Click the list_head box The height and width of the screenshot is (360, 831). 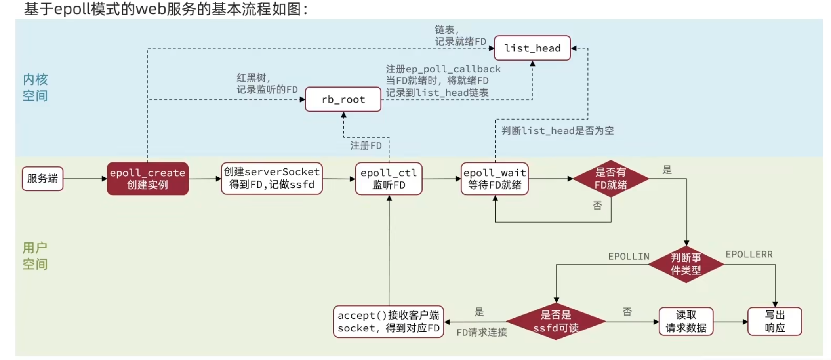click(x=532, y=48)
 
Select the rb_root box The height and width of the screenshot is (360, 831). click(x=343, y=99)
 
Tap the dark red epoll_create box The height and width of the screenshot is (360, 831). click(x=147, y=179)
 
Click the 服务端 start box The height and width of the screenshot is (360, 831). click(x=42, y=179)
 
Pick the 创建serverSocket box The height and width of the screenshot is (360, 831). click(x=271, y=178)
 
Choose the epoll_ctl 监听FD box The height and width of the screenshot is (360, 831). click(x=389, y=179)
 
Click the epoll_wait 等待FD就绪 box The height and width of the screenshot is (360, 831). click(x=494, y=179)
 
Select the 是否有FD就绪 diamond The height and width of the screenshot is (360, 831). click(x=610, y=179)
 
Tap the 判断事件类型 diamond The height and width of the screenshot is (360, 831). click(x=686, y=264)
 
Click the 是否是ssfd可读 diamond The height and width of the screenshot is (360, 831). click(x=556, y=321)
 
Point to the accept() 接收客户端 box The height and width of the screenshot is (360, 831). click(x=388, y=322)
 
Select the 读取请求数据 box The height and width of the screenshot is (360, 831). click(x=686, y=321)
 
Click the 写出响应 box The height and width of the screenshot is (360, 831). click(x=774, y=321)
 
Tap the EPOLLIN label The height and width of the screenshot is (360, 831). click(x=629, y=257)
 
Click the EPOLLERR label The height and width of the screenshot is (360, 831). click(x=749, y=254)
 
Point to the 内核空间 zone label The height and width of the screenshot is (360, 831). click(x=35, y=88)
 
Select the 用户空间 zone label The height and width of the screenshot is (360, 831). click(x=35, y=256)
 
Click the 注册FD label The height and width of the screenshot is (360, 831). click(x=366, y=146)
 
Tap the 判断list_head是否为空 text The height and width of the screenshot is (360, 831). click(x=557, y=131)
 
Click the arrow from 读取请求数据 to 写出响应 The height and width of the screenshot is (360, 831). click(x=730, y=322)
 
